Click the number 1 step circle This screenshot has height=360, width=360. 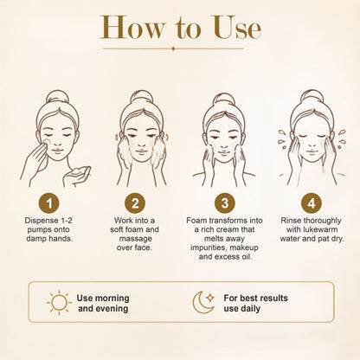(49, 203)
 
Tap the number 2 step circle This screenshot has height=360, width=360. (135, 203)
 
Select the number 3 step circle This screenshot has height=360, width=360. (225, 203)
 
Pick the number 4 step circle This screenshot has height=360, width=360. (312, 203)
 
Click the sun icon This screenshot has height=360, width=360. (59, 303)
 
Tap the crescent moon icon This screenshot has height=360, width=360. (202, 303)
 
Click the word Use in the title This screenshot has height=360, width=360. (237, 28)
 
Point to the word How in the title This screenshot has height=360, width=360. (132, 28)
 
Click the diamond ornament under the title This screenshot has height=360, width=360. (173, 48)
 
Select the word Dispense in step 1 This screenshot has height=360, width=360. (42, 221)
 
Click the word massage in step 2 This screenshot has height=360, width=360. (135, 239)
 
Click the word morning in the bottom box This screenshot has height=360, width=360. (112, 299)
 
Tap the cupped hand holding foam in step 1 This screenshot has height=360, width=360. (77, 176)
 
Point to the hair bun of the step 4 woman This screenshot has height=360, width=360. (312, 97)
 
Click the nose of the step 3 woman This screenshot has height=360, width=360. (224, 144)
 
